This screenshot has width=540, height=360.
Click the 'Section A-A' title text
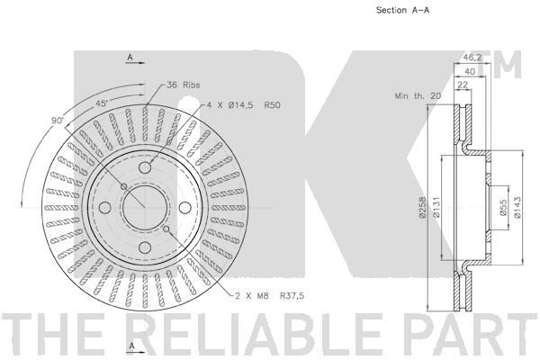tap(402, 10)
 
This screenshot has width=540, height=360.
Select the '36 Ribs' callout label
tap(183, 85)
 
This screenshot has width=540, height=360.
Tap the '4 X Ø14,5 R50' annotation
tap(244, 104)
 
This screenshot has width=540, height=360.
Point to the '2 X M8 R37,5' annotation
tap(270, 295)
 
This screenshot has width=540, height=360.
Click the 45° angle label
tap(102, 103)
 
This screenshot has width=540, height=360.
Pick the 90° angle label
tap(58, 121)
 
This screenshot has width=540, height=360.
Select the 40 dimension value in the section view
tap(470, 71)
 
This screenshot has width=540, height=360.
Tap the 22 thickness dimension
tap(463, 85)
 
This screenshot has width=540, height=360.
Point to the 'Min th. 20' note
tap(418, 95)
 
